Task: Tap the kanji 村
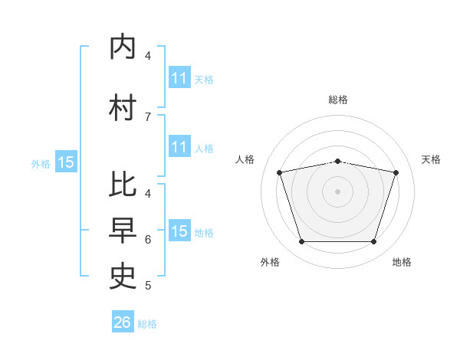click(123, 107)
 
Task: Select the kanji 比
click(123, 184)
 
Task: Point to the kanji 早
click(123, 231)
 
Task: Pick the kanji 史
click(123, 277)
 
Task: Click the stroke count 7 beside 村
click(148, 117)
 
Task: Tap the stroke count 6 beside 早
click(148, 240)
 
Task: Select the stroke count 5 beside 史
click(148, 286)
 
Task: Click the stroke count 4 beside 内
click(148, 55)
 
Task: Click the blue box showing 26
click(123, 321)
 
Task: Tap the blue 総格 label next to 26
click(147, 324)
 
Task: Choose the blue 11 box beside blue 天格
click(179, 77)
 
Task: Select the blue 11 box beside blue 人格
click(179, 146)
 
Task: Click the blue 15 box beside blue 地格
click(179, 230)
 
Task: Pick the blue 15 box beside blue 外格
click(66, 162)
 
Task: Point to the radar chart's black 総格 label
click(338, 100)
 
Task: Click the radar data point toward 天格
click(396, 172)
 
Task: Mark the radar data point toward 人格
click(279, 172)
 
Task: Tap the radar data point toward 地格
click(373, 241)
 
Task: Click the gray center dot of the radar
click(337, 191)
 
